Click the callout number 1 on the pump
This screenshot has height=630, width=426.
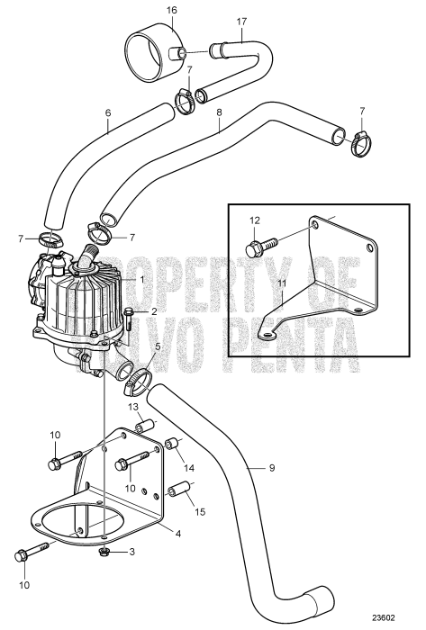[x=140, y=280]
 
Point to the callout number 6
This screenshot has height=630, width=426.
[x=107, y=115]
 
